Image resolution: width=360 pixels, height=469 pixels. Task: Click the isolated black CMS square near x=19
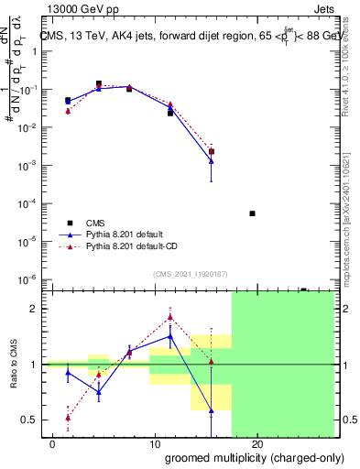pyautogui.click(x=252, y=213)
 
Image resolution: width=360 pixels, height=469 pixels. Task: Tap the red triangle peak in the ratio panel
pyautogui.click(x=170, y=318)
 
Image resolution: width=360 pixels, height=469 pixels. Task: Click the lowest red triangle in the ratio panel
pyautogui.click(x=68, y=417)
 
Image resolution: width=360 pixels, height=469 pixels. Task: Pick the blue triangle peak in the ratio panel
pyautogui.click(x=170, y=336)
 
